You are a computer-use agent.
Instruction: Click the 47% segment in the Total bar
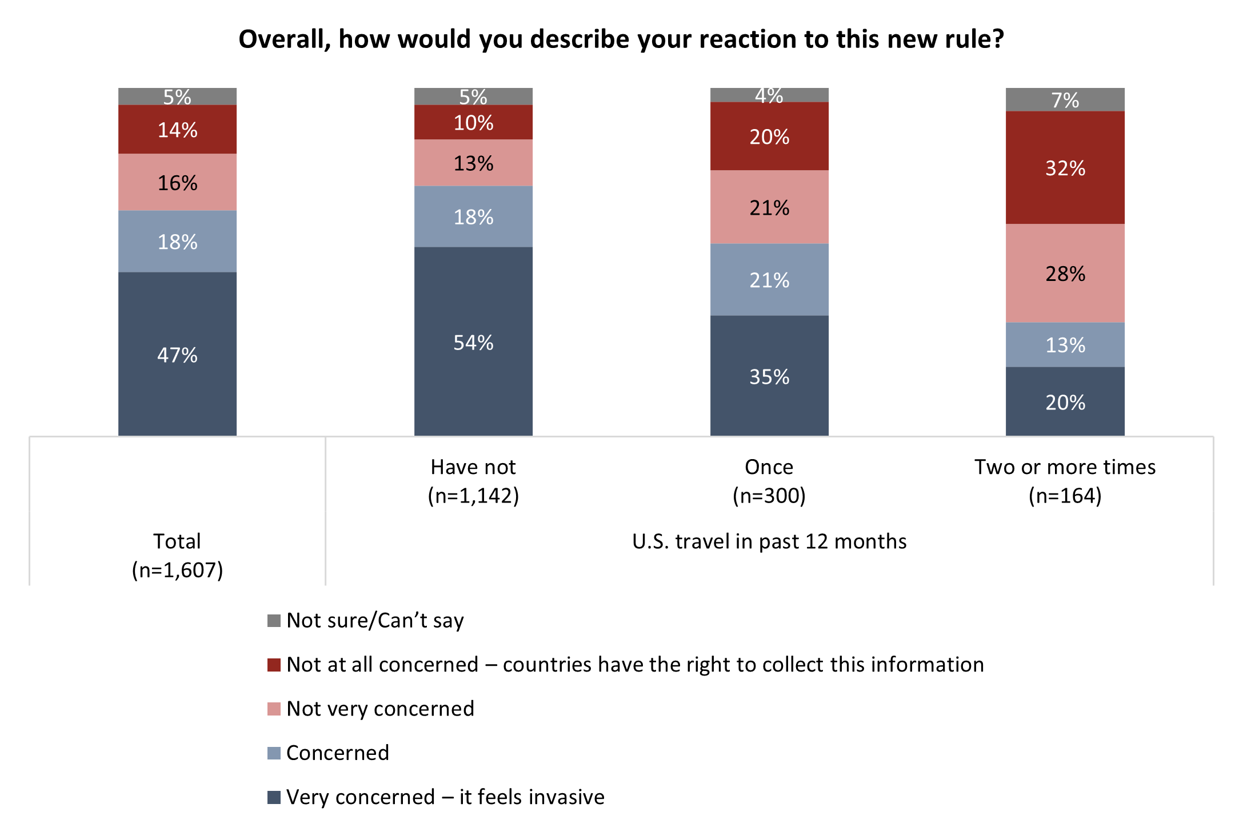[177, 354]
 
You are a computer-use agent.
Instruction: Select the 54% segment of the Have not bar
[473, 341]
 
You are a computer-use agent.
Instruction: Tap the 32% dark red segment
[1065, 167]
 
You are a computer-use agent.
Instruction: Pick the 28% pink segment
[1065, 273]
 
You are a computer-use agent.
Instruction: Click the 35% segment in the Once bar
[769, 376]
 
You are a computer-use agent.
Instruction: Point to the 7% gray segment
[1065, 99]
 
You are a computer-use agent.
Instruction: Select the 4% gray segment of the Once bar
[769, 95]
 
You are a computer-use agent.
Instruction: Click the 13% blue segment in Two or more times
[1065, 344]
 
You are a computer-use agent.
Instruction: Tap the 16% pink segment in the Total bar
[177, 182]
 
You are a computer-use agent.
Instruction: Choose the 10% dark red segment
[473, 122]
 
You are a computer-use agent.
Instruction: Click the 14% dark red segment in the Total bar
[177, 130]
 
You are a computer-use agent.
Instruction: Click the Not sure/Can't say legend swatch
[274, 621]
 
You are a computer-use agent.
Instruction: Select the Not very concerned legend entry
[380, 709]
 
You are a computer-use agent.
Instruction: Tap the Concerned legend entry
[337, 753]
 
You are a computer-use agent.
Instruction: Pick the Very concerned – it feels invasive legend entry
[445, 797]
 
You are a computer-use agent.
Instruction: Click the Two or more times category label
[1065, 467]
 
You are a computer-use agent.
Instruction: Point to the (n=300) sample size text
[769, 496]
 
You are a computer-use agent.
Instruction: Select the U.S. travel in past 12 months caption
[769, 541]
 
